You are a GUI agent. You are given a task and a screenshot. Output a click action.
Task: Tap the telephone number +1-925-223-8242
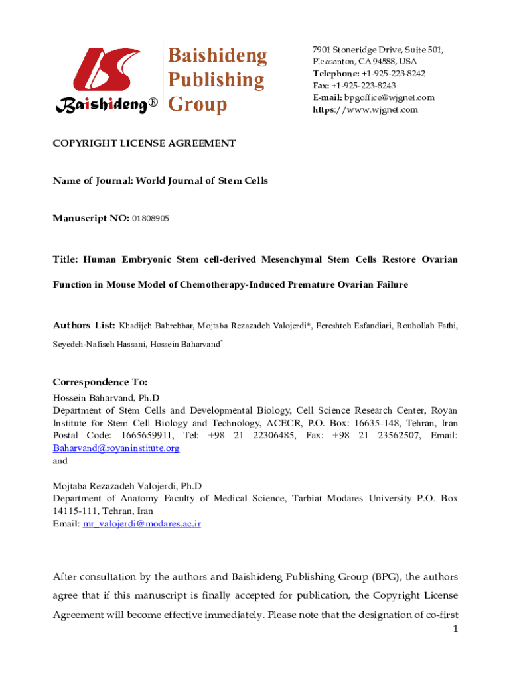point(394,74)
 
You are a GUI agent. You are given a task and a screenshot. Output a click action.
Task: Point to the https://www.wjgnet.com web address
point(366,109)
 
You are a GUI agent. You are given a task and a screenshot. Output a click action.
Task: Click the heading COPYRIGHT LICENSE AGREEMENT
point(144,143)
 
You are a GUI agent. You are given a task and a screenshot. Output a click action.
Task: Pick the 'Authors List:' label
point(84,326)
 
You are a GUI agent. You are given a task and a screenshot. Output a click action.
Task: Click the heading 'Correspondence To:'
point(100,383)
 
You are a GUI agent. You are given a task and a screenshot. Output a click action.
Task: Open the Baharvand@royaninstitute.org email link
point(116,448)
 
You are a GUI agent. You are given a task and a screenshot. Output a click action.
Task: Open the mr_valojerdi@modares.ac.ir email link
point(141,524)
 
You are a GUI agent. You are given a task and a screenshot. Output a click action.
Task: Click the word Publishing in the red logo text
point(215,80)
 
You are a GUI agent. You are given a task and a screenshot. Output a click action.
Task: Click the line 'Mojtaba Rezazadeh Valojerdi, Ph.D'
point(127,486)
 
